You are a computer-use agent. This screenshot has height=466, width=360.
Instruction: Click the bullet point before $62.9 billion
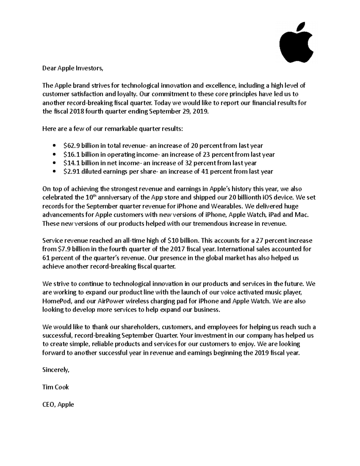tap(54, 146)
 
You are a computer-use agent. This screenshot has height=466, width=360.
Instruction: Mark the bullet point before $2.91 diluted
tap(54, 172)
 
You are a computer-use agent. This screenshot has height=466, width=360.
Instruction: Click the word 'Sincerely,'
tap(56, 370)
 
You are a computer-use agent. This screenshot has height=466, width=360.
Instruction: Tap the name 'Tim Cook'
tap(55, 387)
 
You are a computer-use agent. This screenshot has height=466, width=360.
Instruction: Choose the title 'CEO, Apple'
tap(58, 404)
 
